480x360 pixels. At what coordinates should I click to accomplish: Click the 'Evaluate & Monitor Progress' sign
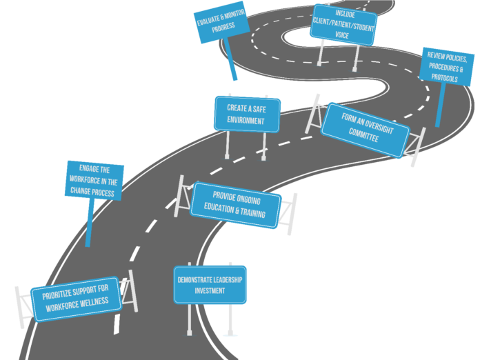(x=222, y=22)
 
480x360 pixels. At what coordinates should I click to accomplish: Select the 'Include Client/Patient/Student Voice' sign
(x=343, y=25)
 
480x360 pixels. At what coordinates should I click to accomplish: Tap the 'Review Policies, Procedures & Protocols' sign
(x=446, y=67)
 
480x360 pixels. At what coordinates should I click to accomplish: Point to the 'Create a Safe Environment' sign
(x=247, y=114)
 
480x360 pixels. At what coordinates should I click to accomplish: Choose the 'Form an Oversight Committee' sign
(x=366, y=130)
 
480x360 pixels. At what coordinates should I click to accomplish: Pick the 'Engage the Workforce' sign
(x=94, y=181)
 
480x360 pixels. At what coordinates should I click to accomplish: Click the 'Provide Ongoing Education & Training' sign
(x=235, y=205)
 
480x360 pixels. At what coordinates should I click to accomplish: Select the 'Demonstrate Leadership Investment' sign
(x=210, y=285)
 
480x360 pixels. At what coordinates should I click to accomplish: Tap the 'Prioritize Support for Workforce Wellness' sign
(x=76, y=299)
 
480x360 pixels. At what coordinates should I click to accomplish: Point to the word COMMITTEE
(x=363, y=135)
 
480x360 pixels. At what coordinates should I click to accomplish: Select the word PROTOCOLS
(x=445, y=77)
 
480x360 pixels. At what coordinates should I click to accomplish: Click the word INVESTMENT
(x=210, y=290)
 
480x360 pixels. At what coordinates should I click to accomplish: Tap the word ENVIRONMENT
(x=246, y=120)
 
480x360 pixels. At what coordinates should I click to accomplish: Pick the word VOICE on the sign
(x=342, y=35)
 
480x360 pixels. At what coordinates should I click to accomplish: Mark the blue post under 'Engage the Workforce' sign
(x=90, y=223)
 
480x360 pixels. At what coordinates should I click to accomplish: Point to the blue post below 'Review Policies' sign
(x=440, y=105)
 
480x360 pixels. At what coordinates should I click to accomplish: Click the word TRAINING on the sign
(x=253, y=212)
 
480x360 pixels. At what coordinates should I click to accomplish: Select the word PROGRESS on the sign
(x=223, y=28)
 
